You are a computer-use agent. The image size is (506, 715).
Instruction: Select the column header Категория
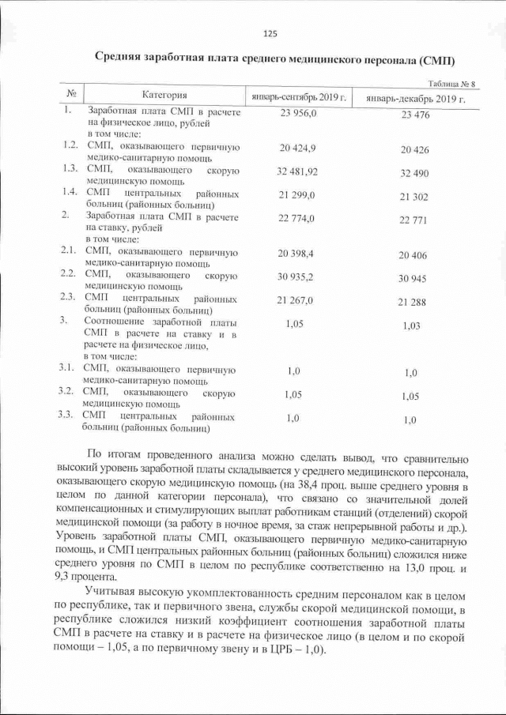164,95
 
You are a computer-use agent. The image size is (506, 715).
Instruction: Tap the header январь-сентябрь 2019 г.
299,96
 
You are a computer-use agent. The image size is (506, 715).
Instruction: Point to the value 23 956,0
298,114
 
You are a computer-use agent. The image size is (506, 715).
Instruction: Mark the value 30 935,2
296,277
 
